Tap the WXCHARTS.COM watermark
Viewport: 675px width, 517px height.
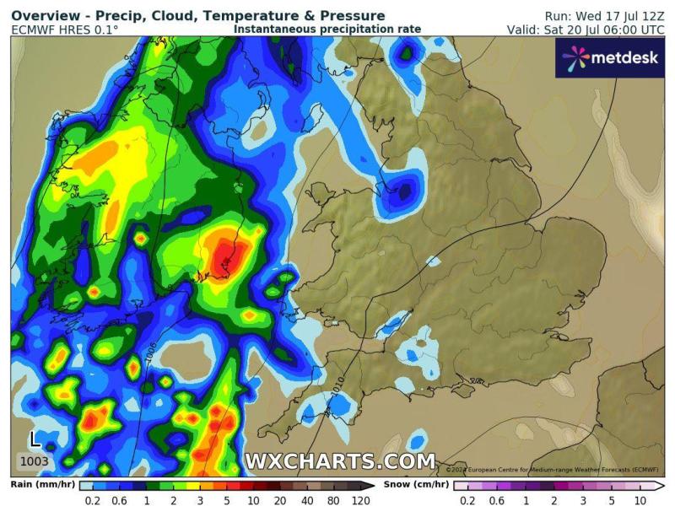pos(340,461)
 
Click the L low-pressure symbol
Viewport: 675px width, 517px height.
pos(34,439)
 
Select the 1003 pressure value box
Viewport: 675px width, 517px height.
pos(34,462)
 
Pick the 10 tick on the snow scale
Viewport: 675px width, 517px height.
pos(639,499)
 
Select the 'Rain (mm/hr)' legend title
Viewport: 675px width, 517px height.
pos(44,485)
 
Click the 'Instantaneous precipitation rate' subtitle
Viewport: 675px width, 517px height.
pos(327,29)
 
